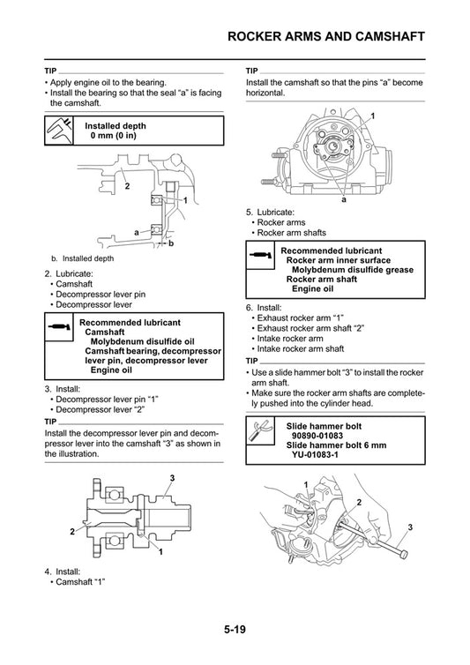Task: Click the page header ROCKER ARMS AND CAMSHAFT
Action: pos(325,36)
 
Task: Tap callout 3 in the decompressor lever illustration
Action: pos(173,477)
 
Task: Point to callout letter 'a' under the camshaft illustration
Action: pos(345,199)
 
